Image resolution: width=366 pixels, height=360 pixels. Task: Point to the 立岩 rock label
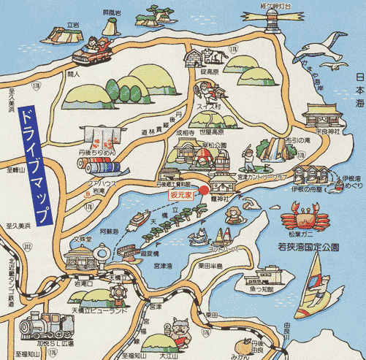72,24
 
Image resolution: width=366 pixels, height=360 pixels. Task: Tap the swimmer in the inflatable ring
233,215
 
